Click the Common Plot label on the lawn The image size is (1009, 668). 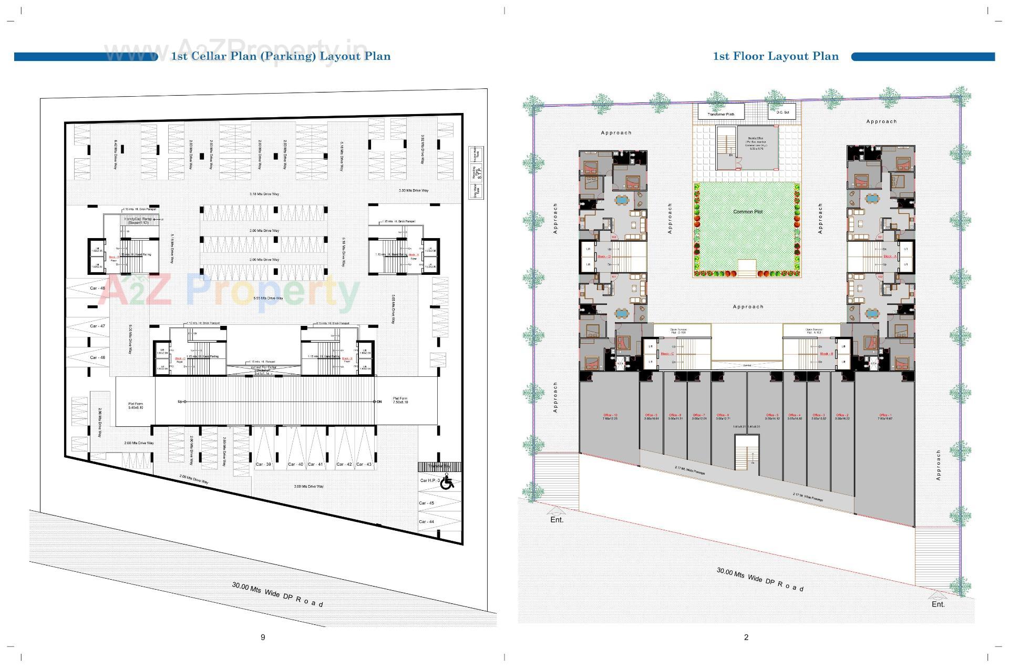[x=747, y=212]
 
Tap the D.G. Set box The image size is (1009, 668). [x=782, y=111]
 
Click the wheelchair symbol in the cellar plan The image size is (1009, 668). [x=447, y=481]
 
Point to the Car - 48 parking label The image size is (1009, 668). [x=97, y=288]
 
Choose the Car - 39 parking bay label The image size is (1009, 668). [x=263, y=464]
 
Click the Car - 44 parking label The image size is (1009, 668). [x=426, y=521]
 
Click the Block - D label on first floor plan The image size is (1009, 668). [x=604, y=256]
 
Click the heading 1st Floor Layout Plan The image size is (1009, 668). [x=775, y=56]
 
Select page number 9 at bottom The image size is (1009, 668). [x=263, y=637]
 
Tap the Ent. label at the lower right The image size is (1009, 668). [x=938, y=604]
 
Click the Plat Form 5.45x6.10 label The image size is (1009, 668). [x=135, y=406]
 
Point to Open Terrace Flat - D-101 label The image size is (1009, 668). [x=678, y=331]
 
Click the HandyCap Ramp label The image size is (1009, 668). [x=138, y=220]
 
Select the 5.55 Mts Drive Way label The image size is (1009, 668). [x=268, y=298]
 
